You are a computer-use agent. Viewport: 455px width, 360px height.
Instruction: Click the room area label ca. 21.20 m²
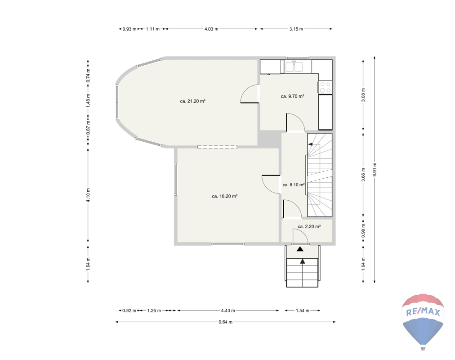(193, 101)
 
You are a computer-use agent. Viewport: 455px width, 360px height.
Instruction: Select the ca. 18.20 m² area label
(225, 196)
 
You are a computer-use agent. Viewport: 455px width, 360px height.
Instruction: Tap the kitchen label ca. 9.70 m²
(292, 96)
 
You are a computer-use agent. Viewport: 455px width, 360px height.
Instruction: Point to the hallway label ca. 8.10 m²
(294, 184)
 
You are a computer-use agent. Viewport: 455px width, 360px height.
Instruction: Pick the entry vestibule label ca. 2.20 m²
(309, 226)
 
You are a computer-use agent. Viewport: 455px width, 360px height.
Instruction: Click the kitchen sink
(294, 66)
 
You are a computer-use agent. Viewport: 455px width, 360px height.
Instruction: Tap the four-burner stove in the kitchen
(325, 87)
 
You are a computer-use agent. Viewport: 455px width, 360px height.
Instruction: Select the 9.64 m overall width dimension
(225, 322)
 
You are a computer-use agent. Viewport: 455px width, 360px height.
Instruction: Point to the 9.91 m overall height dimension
(375, 170)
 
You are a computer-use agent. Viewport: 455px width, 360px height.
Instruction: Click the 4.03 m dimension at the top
(211, 29)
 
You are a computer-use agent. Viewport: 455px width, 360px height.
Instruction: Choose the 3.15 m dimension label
(296, 29)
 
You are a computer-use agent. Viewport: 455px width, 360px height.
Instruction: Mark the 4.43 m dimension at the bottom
(228, 310)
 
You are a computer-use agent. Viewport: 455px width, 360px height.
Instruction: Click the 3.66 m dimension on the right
(363, 175)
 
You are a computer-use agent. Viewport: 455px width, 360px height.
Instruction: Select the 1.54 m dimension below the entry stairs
(303, 310)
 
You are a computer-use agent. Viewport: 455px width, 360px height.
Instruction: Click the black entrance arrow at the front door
(300, 249)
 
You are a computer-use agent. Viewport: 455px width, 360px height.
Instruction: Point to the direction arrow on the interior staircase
(310, 144)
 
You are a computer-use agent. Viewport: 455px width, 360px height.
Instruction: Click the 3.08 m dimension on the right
(363, 95)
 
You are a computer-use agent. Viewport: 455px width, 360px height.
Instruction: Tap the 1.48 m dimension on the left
(88, 100)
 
